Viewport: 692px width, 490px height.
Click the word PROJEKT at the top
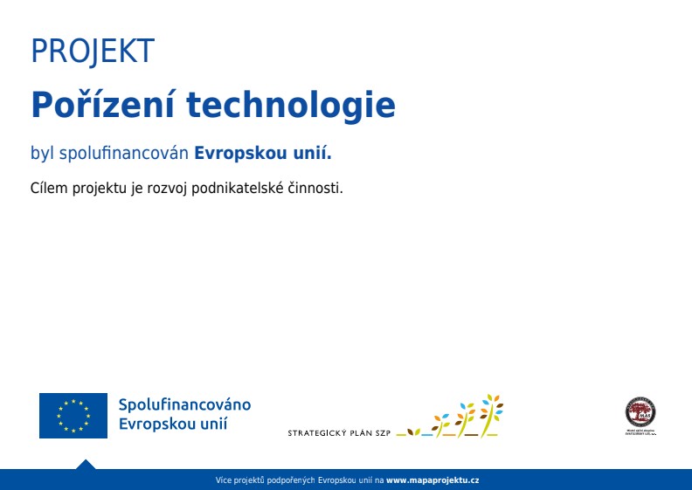tap(92, 52)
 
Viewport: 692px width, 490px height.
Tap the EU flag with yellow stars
tap(73, 416)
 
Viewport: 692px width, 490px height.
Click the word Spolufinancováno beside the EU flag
tap(184, 405)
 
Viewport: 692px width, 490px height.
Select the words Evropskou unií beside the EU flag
tap(173, 424)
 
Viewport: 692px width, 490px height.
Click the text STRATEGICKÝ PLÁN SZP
tap(339, 432)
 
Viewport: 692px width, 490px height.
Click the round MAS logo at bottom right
tap(640, 411)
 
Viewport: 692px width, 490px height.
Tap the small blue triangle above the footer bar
tap(85, 464)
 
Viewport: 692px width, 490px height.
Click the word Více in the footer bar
tap(224, 480)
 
